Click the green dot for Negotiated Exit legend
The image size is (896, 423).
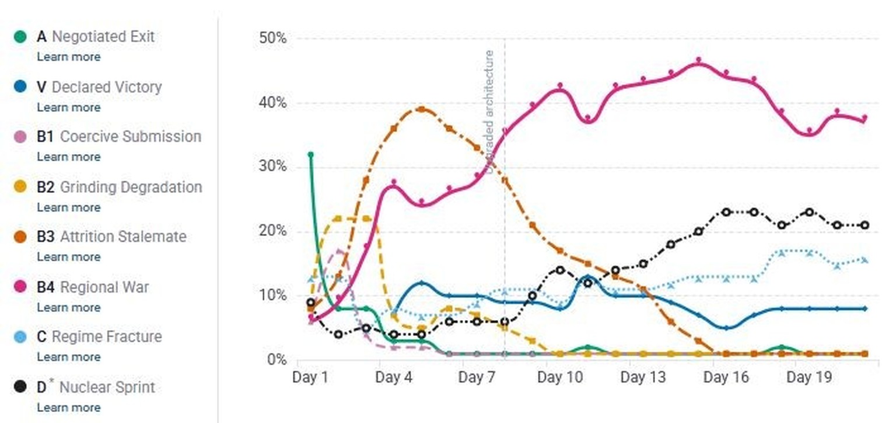click(x=20, y=37)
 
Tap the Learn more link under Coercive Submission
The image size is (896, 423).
click(x=68, y=157)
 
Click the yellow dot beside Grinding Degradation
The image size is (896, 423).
click(x=20, y=188)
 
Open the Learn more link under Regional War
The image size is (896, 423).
click(x=68, y=307)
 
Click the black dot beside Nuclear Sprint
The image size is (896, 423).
click(x=20, y=387)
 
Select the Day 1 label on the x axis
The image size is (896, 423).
click(x=310, y=378)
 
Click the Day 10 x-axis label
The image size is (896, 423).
click(x=560, y=378)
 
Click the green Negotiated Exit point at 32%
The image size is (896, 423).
click(x=310, y=155)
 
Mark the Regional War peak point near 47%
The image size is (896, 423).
click(x=698, y=61)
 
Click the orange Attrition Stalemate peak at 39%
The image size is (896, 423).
click(x=421, y=109)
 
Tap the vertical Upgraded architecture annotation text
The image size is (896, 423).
click(x=489, y=111)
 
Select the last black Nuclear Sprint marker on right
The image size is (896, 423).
click(x=864, y=226)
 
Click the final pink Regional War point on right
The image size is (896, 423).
click(x=864, y=118)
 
